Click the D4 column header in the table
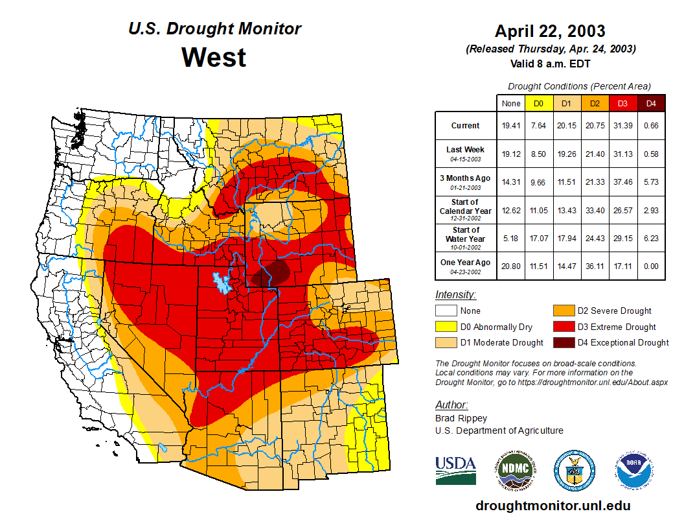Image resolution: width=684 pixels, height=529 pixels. [x=651, y=104]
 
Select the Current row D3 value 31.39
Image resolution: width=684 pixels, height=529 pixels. [x=622, y=125]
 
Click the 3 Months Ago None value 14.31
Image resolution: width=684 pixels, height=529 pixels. [x=511, y=182]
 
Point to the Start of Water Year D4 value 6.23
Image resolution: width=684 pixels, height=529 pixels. [x=651, y=238]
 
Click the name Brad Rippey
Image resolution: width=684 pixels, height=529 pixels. [x=461, y=418]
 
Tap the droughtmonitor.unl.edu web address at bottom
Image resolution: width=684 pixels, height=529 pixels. [x=553, y=506]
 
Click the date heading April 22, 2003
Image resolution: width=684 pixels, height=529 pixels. [x=550, y=31]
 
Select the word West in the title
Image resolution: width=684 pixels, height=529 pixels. [x=214, y=57]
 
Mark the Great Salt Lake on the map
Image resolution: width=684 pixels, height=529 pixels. [x=221, y=283]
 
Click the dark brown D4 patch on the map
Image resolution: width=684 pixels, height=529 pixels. [x=271, y=274]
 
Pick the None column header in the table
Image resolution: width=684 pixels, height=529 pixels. [x=511, y=104]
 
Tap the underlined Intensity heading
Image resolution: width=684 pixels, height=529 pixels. [x=455, y=295]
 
